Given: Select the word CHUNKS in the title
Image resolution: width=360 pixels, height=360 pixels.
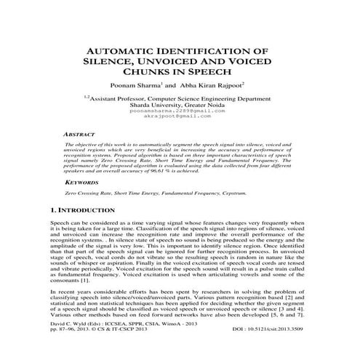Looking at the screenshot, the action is (x=145, y=74).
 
